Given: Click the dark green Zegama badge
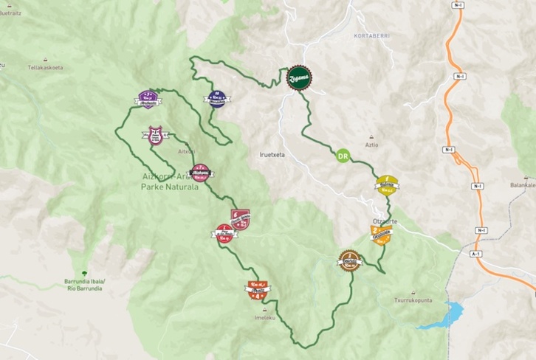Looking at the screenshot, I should point(298,76).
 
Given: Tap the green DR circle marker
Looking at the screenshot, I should point(342,156).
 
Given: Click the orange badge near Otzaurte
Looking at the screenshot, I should point(381,235).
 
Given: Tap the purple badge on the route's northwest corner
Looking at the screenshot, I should point(148,98).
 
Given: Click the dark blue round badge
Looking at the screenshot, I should point(216,98).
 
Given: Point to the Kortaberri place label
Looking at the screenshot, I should point(371,35).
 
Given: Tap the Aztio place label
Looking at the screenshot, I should point(371,145).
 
